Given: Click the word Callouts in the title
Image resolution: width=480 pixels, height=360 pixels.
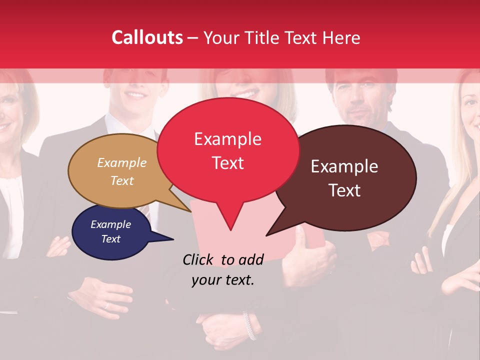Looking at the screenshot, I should click(147, 37).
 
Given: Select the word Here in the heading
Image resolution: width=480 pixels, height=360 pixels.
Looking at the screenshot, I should click(340, 37).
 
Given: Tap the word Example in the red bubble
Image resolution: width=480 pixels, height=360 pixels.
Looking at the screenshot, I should click(227, 139).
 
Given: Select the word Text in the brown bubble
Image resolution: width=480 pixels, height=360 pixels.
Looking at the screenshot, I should click(344, 190).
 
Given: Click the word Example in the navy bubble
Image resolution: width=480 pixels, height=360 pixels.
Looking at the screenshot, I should click(110, 224).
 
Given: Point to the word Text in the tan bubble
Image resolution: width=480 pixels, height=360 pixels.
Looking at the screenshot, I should click(122, 181).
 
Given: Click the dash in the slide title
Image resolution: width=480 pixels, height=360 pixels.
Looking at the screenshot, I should click(193, 38).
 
